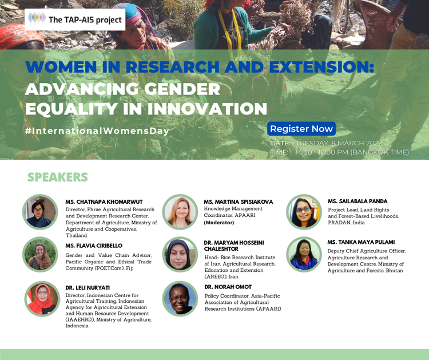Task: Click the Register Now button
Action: tap(301, 129)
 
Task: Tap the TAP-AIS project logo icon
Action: tap(37, 19)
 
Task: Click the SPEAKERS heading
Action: tap(58, 177)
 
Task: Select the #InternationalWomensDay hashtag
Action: tap(97, 131)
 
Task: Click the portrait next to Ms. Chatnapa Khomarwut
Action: tap(40, 212)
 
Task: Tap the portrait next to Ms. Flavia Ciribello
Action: tap(40, 255)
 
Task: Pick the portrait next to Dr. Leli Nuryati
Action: tap(42, 299)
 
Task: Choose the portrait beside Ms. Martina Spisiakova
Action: tap(180, 212)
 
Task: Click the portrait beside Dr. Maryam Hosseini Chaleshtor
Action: tap(180, 255)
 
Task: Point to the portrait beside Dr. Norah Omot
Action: tap(180, 299)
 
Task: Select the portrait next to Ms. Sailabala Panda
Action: tap(304, 212)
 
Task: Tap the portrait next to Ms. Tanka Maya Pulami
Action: tap(304, 255)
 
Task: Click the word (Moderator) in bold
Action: tap(219, 223)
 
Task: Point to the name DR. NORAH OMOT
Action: tap(228, 287)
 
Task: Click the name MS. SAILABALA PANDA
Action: tap(357, 201)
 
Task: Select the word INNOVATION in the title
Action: tap(207, 109)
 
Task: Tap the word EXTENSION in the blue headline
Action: tap(321, 67)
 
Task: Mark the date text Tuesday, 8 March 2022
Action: tap(339, 143)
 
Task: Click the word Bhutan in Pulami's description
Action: tap(394, 271)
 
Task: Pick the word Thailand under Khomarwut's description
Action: tap(76, 235)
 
